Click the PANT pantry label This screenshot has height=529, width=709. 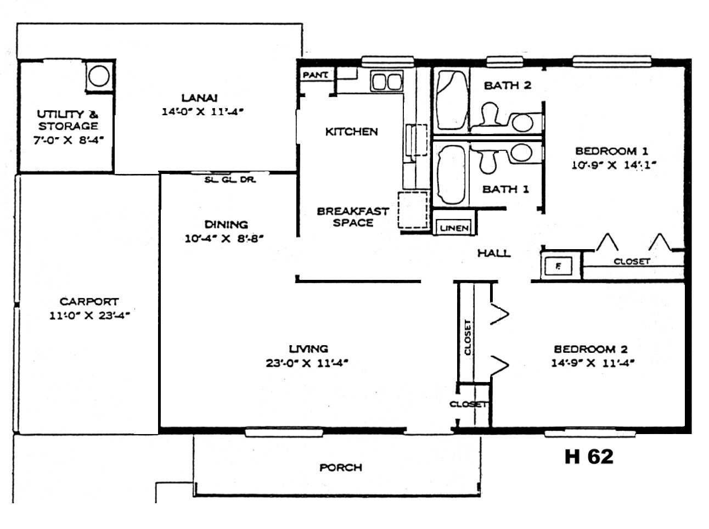(x=315, y=75)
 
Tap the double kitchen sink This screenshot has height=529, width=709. (x=387, y=81)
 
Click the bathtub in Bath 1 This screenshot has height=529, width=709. (x=451, y=175)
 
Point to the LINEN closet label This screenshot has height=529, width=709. (x=454, y=228)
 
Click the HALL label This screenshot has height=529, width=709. (x=494, y=253)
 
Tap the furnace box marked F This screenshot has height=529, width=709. (x=558, y=266)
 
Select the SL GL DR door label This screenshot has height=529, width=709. (x=230, y=179)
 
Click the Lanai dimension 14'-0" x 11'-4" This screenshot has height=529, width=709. (x=202, y=112)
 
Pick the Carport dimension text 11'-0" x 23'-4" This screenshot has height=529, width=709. (x=89, y=315)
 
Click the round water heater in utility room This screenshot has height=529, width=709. (x=99, y=76)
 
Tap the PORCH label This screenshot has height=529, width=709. (x=341, y=468)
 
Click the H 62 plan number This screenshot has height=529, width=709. (x=588, y=457)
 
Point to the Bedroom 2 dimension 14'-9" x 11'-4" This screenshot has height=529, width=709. (x=593, y=363)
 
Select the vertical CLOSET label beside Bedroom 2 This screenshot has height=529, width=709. (x=468, y=337)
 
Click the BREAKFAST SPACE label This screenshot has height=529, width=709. (x=353, y=217)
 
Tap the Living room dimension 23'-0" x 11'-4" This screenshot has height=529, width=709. (x=307, y=363)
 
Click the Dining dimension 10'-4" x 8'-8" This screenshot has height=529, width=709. (x=224, y=239)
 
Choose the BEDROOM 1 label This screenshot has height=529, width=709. (x=612, y=151)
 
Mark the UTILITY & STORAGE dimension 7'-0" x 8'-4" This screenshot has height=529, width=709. (x=69, y=140)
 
